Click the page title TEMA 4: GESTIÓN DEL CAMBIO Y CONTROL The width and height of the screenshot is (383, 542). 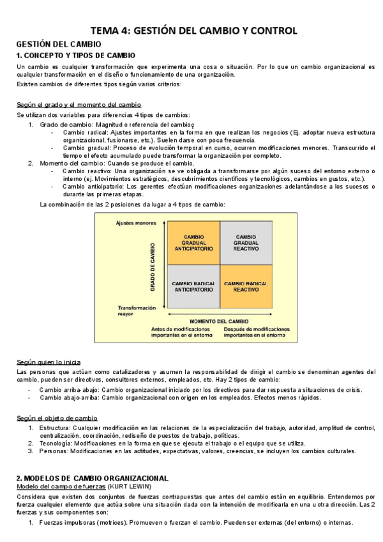[x=193, y=30]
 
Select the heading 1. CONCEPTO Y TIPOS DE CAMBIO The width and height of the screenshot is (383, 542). [x=75, y=56]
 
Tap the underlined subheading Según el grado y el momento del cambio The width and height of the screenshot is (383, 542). [x=79, y=104]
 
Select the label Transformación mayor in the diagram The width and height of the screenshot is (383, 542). [x=136, y=311]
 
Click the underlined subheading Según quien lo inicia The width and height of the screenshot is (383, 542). [x=49, y=362]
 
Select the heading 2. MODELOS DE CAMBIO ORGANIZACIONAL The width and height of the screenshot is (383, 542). [x=92, y=477]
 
